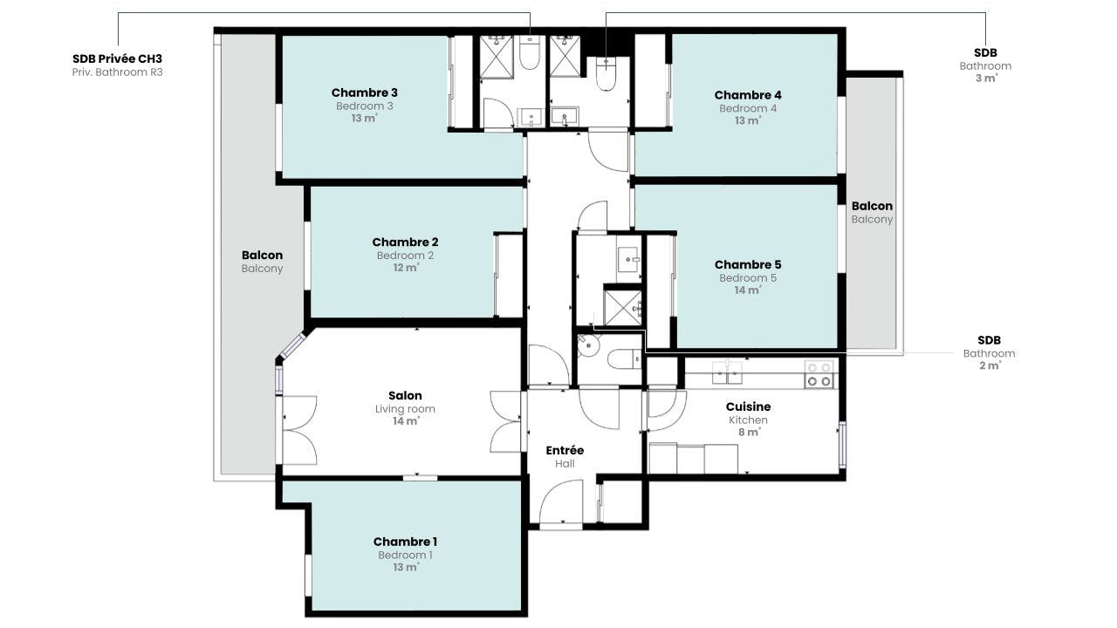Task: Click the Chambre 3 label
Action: pos(365,92)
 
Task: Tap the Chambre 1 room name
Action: pos(405,542)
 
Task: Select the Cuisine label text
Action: pos(748,406)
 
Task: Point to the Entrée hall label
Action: pos(565,451)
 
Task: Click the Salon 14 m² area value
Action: pos(406,421)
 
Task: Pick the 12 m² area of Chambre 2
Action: pos(406,268)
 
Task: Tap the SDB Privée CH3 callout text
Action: pos(117,59)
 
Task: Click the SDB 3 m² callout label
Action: pos(985,65)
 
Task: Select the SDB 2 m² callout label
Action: pos(989,353)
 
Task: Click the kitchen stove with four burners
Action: pos(819,374)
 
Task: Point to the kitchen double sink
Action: pos(727,372)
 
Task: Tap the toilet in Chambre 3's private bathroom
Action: pos(529,53)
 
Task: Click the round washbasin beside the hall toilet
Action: pos(588,345)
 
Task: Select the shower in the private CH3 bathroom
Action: pos(497,57)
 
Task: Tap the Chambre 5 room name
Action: pos(748,264)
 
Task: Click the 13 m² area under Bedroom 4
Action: pos(748,120)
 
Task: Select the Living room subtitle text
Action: pos(405,409)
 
